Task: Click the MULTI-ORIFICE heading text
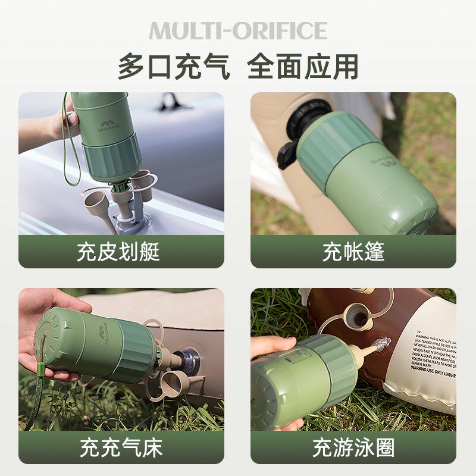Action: tap(238, 31)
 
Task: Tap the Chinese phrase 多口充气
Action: tap(174, 67)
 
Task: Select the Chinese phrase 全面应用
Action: tap(303, 67)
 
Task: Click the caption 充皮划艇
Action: tap(118, 252)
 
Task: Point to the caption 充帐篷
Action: tap(353, 252)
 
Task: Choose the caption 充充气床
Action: tap(121, 448)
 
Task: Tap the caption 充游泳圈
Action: tap(353, 448)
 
